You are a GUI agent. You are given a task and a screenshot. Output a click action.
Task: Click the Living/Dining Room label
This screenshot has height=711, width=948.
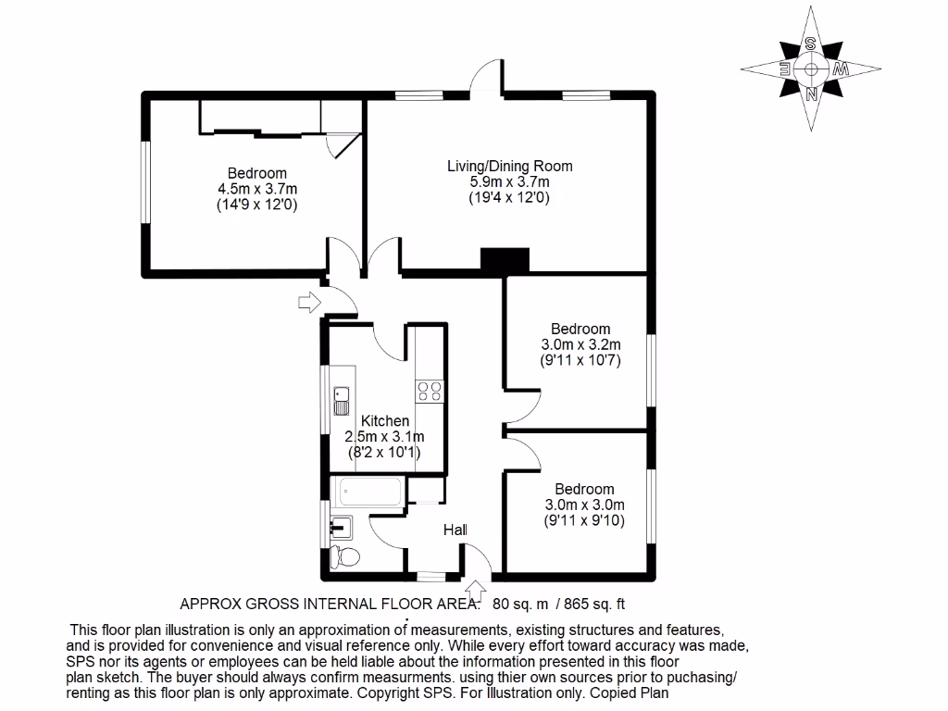[x=509, y=167]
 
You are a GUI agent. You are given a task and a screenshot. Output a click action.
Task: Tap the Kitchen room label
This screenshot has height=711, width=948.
[x=385, y=421]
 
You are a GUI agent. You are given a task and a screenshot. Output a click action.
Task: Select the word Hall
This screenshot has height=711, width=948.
[x=455, y=530]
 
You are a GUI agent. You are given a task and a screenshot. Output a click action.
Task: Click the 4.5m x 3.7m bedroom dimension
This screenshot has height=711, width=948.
[x=257, y=188]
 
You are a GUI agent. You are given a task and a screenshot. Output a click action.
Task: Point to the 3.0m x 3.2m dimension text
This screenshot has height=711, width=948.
[x=580, y=344]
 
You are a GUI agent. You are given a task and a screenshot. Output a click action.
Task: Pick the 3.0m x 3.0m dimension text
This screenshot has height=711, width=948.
[x=584, y=505]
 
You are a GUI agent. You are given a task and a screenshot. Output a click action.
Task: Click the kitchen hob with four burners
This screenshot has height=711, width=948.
[x=429, y=391]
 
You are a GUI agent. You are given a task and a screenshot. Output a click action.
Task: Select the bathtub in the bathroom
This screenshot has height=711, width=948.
[x=368, y=492]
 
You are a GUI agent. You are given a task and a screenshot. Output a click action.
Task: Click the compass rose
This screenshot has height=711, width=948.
[x=811, y=69]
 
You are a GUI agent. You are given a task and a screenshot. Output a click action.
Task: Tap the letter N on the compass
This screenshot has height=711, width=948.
[x=811, y=94]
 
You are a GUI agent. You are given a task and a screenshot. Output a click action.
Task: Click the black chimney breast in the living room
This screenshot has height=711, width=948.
[x=504, y=260]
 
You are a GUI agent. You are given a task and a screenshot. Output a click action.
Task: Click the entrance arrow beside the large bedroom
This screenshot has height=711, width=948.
[x=306, y=301]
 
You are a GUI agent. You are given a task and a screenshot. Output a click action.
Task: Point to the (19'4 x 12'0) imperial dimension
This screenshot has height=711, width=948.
[x=509, y=197]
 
